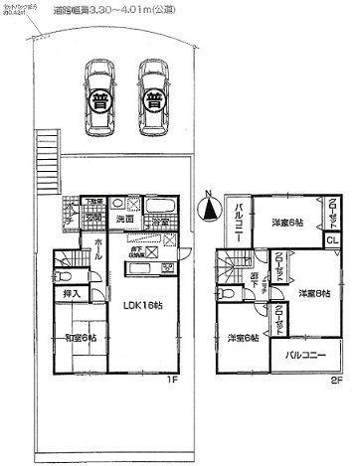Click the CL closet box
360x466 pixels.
pos(331,238)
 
